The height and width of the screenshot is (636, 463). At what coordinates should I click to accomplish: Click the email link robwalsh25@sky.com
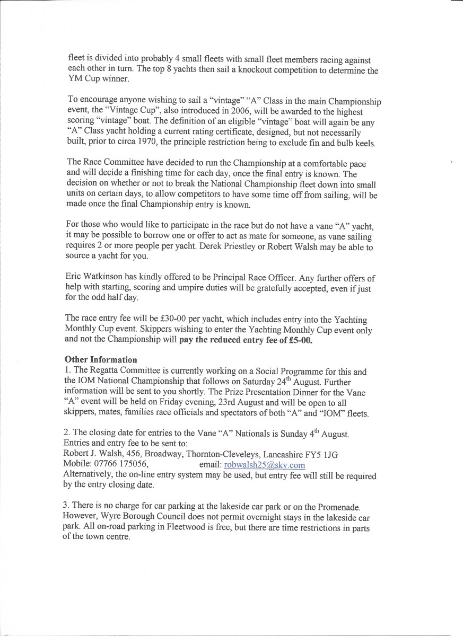coord(264,465)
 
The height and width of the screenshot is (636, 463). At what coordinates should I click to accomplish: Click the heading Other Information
coord(101,359)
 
